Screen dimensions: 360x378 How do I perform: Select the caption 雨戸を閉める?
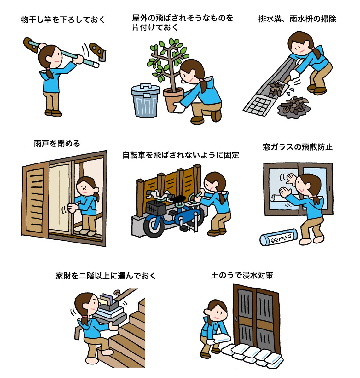click(57, 143)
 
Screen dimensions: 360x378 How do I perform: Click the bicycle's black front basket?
click(156, 208)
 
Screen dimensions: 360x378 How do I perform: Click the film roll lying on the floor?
click(278, 237)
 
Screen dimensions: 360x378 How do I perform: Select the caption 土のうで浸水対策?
click(242, 275)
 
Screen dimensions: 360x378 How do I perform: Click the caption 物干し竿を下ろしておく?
click(63, 20)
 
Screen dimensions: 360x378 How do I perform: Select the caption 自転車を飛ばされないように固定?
click(181, 155)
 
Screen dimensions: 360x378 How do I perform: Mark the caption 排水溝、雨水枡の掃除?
click(297, 19)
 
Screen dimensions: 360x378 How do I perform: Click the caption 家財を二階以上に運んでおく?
click(106, 276)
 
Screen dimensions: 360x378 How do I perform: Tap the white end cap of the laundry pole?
click(95, 64)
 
